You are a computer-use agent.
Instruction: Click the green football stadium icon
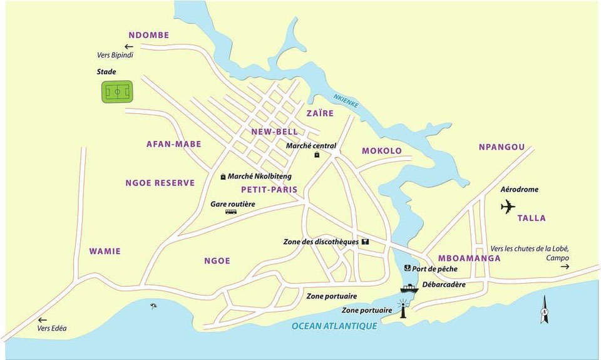pos(118,93)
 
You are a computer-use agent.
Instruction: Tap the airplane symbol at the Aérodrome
pos(508,206)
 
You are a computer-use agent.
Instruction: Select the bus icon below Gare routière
pos(231,212)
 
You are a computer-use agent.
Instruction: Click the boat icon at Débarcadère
pos(409,289)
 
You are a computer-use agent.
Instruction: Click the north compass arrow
pos(544,310)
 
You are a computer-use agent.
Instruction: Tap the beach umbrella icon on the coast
pos(153,306)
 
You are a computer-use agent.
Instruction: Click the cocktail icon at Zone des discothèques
pos(365,242)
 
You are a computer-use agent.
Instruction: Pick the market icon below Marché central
pos(317,154)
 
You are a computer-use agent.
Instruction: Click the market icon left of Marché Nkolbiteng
pos(223,177)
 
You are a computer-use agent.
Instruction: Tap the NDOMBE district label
pos(149,35)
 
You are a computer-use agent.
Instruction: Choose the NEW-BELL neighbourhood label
pos(274,131)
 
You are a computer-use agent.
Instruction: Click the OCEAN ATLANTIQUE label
pos(334,326)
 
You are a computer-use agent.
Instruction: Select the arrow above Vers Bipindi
pos(129,46)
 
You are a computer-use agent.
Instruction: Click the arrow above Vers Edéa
pos(43,320)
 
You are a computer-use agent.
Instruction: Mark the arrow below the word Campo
pos(565,267)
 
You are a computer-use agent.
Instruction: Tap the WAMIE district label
pos(105,252)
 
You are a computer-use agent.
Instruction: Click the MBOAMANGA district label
pos(469,258)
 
